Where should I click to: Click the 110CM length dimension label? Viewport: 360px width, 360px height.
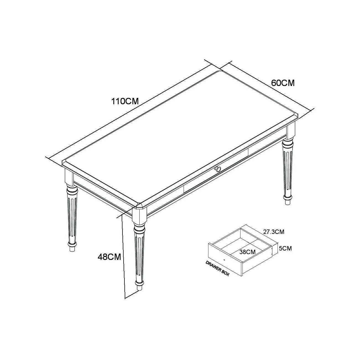point(125,101)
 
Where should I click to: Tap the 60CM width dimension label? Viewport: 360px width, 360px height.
point(283,83)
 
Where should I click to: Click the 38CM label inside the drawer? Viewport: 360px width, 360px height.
point(247,252)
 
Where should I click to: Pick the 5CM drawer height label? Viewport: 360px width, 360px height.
point(285,248)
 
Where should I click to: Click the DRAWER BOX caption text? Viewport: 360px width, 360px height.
point(217,268)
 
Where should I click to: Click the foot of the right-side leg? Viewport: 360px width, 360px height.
point(288,199)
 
